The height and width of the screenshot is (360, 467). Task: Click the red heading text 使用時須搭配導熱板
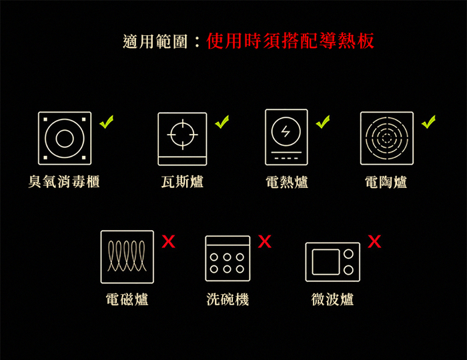(290, 41)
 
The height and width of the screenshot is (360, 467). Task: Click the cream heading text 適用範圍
(155, 41)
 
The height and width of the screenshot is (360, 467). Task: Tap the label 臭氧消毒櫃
(64, 181)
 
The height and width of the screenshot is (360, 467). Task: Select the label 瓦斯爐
(182, 181)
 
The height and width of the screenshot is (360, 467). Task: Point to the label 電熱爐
(286, 182)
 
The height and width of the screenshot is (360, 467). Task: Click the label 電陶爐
(386, 182)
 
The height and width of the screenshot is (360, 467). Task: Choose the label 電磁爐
(127, 299)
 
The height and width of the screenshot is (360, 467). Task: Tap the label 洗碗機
(228, 299)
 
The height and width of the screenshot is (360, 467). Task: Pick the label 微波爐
(332, 299)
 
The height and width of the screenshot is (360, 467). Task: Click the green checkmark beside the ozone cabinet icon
(106, 122)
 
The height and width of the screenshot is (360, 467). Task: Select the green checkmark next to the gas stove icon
(222, 122)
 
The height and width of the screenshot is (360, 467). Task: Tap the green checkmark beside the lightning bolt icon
(323, 122)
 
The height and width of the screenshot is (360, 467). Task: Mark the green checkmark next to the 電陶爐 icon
(428, 122)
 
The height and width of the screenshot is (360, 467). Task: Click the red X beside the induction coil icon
(169, 241)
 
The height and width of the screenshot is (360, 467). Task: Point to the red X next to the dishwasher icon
(265, 241)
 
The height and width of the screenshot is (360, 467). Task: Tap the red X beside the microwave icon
(374, 241)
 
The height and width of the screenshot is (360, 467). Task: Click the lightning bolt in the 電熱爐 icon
(286, 131)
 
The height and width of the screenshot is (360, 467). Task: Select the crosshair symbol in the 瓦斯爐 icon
(183, 135)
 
